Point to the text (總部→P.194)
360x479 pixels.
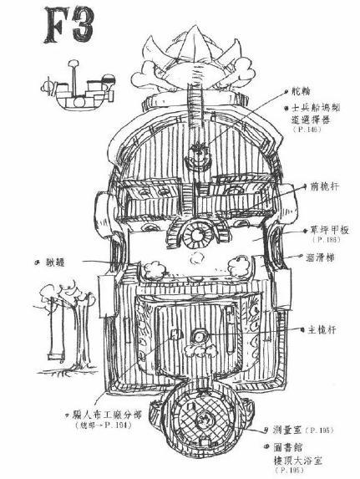[101, 427]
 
